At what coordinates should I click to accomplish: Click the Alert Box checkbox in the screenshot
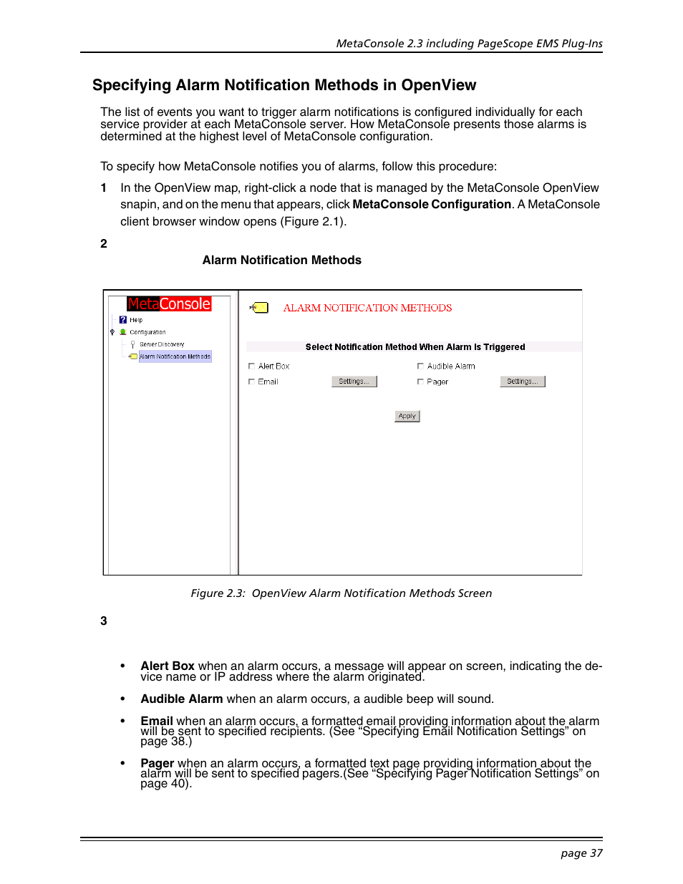point(251,366)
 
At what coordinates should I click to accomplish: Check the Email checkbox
point(251,382)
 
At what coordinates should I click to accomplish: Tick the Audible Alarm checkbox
point(420,366)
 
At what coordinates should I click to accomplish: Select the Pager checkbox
point(420,382)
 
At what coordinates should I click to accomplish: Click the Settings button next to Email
point(354,382)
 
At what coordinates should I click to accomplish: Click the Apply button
point(407,416)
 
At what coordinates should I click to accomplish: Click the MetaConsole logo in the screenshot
point(169,304)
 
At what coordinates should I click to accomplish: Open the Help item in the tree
point(135,320)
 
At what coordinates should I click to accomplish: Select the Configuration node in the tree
point(147,332)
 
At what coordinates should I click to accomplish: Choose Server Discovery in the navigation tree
point(162,344)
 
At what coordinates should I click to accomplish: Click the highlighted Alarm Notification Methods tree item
point(175,356)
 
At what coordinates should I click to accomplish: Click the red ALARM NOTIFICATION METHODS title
point(367,308)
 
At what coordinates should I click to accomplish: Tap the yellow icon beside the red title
point(261,308)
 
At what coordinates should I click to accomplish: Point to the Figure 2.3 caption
point(341,593)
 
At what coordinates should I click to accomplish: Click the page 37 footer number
point(581,853)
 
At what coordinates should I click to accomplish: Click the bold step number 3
point(104,621)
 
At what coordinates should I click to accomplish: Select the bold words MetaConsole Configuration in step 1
point(432,205)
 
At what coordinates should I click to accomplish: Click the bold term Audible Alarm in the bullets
point(182,699)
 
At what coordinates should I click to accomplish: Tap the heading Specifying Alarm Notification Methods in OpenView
point(284,85)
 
